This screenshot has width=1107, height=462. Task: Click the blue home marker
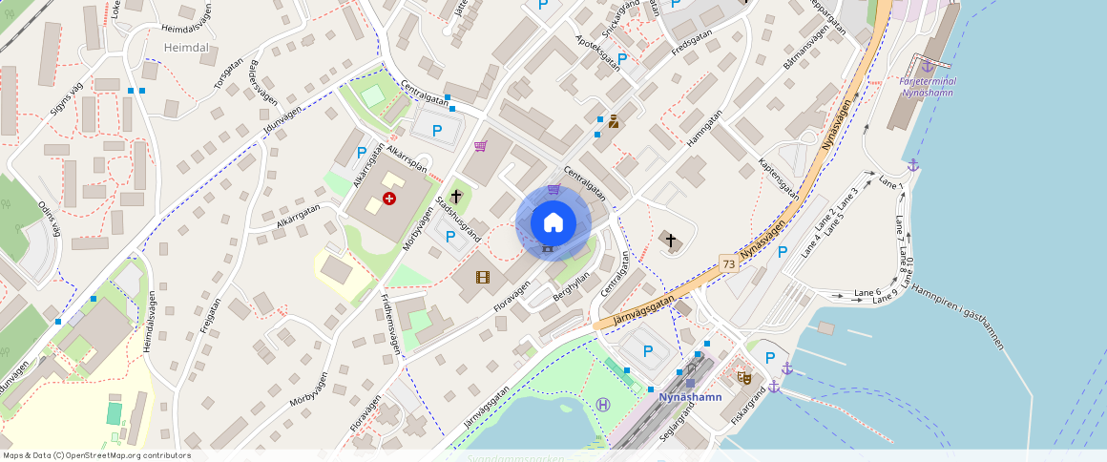point(553,223)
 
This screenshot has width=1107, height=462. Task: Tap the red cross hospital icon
point(389,198)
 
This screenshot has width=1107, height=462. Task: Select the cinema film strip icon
point(483,278)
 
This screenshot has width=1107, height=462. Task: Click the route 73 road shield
point(729,263)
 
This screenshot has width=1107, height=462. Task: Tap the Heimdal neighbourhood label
point(160,47)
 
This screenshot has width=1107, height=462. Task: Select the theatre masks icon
point(744,378)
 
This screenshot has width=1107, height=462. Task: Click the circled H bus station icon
point(603,404)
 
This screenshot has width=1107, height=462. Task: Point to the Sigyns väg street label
point(68,97)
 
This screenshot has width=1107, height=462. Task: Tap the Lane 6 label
point(867,292)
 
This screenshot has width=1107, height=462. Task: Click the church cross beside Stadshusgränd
point(456,197)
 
